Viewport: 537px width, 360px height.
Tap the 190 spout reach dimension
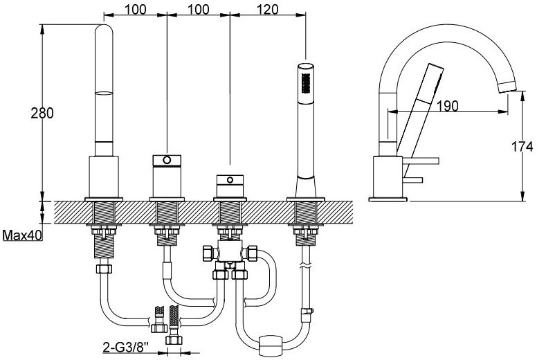point(448,105)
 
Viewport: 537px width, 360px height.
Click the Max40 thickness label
point(21,235)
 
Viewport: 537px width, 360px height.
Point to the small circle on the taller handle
point(166,161)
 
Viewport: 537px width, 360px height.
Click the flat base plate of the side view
point(389,199)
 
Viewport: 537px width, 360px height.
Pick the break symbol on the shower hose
point(305,266)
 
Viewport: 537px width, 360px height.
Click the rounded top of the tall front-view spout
point(105,31)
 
